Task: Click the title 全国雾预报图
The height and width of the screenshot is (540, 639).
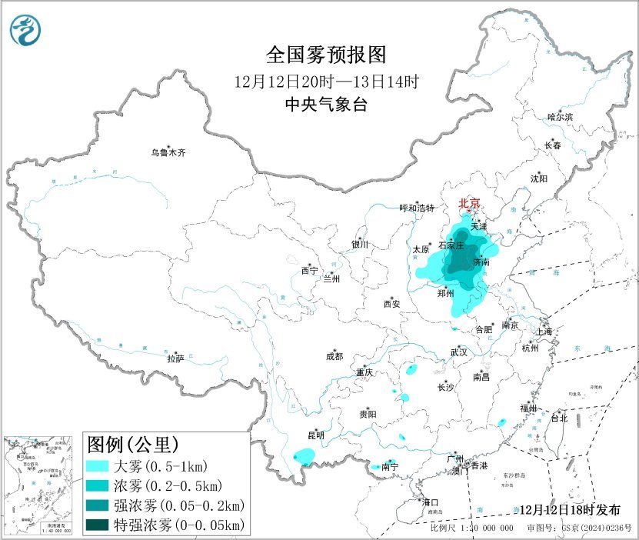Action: [x=324, y=55]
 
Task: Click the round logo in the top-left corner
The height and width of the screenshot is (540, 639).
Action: [x=25, y=30]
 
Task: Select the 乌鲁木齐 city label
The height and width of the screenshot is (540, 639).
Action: [x=168, y=152]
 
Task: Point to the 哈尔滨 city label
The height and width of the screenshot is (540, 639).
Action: [x=560, y=116]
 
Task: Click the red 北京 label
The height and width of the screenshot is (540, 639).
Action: [x=469, y=203]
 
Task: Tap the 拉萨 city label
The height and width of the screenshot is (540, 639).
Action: [x=175, y=358]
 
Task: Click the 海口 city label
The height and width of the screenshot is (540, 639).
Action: [x=431, y=502]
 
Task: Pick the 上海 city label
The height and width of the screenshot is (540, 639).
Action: [x=545, y=332]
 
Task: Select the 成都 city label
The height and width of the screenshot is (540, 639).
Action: [x=334, y=355]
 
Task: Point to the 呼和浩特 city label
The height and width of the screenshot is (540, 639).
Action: [x=417, y=208]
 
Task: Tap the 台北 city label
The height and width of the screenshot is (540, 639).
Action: [x=558, y=418]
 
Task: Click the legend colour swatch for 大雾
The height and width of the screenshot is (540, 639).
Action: [x=97, y=466]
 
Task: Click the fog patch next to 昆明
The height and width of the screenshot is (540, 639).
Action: [x=305, y=458]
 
